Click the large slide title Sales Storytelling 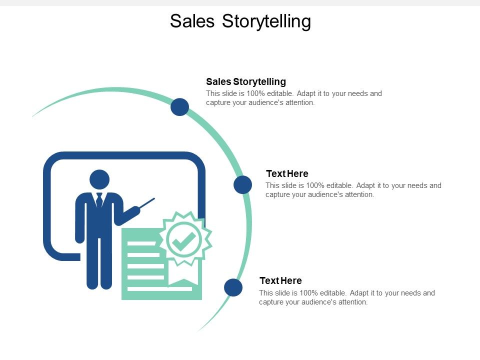[240, 21]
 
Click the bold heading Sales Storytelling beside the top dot [246, 81]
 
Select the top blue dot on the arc [179, 107]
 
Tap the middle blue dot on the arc [243, 185]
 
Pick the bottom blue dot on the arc [233, 287]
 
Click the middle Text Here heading [287, 174]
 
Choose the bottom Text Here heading [280, 281]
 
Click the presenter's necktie [99, 200]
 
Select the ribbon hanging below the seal [183, 274]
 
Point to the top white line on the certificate [142, 244]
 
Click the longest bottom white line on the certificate [159, 288]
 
